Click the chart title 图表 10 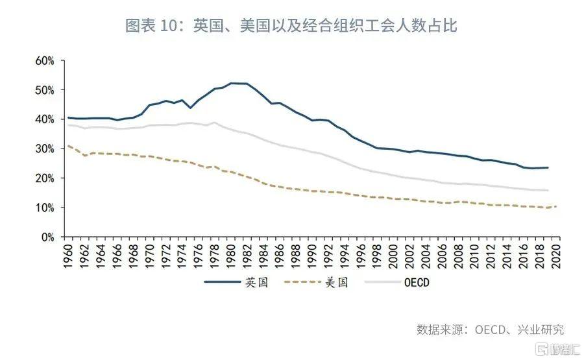(x=291, y=25)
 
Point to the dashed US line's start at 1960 (x=69, y=146)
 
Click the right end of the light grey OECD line (x=548, y=190)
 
